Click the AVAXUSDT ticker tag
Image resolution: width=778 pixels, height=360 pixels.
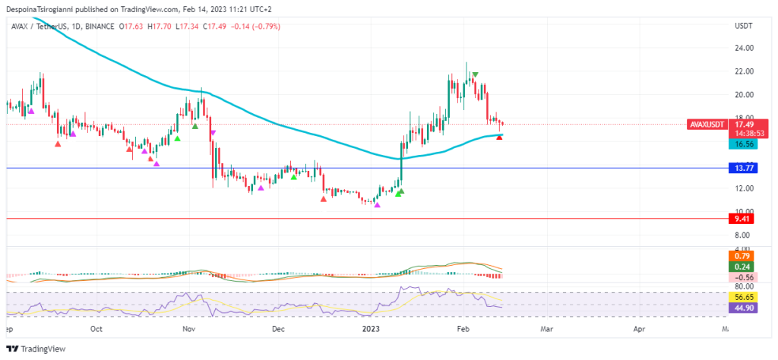pyautogui.click(x=707, y=124)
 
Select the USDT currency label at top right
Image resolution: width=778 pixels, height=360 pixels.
pyautogui.click(x=743, y=26)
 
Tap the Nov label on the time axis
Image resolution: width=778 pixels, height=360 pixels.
pyautogui.click(x=189, y=330)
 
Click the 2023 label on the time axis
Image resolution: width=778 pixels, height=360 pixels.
pyautogui.click(x=371, y=330)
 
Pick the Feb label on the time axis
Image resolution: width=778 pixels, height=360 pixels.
pyautogui.click(x=462, y=330)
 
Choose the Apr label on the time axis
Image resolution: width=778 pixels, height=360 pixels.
pyautogui.click(x=639, y=330)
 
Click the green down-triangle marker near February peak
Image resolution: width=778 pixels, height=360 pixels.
pyautogui.click(x=475, y=75)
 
